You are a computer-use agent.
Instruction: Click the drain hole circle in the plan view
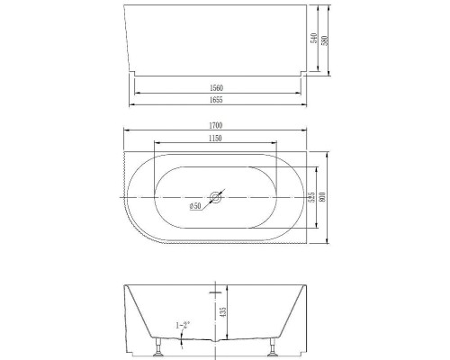click(215, 196)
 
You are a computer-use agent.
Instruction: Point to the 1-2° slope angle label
click(183, 326)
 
